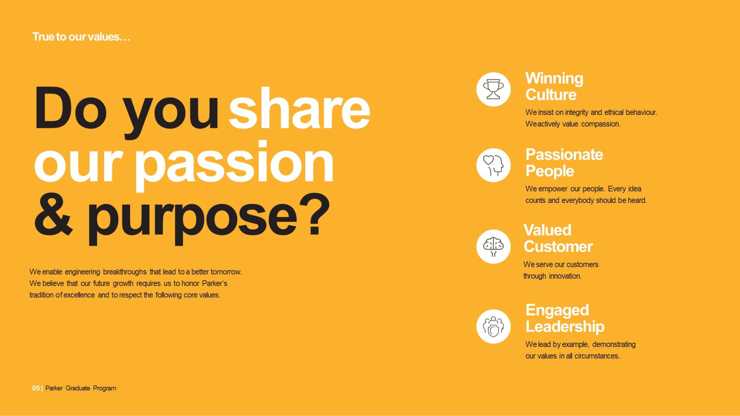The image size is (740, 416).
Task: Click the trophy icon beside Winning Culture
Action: (493, 89)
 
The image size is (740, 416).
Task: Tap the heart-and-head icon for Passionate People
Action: (493, 165)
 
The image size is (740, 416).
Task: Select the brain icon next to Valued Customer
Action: (493, 247)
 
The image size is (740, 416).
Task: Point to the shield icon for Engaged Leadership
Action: (493, 326)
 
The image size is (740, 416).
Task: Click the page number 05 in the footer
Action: (36, 388)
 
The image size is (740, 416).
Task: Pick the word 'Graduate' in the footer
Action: (78, 388)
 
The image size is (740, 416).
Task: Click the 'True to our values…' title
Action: (81, 37)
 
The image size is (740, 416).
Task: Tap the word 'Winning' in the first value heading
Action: (554, 79)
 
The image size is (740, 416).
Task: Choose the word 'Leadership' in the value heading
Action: (565, 327)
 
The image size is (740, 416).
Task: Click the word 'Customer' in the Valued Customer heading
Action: (558, 247)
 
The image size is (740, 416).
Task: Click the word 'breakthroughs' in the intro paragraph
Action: (125, 272)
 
